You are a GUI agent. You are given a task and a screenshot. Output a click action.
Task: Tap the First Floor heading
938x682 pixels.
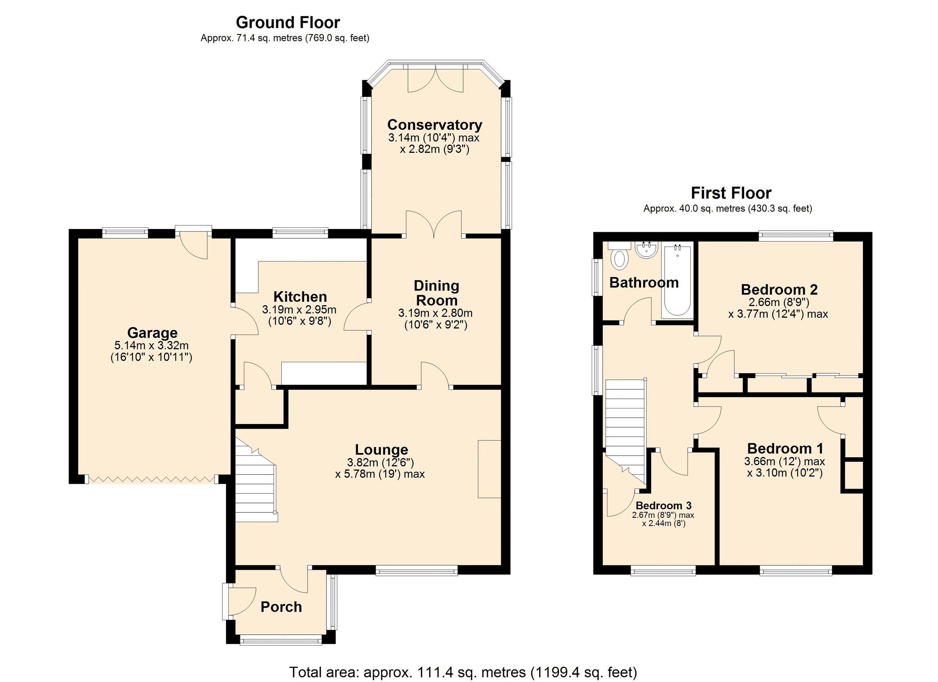[731, 193]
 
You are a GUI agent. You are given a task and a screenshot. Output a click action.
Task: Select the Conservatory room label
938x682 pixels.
[434, 125]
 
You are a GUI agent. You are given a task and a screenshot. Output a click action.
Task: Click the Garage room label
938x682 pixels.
[152, 333]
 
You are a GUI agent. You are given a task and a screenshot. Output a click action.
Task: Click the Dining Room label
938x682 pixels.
[436, 293]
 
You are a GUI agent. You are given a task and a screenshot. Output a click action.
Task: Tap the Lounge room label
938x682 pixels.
[381, 449]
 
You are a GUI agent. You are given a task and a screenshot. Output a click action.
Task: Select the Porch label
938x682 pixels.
[281, 607]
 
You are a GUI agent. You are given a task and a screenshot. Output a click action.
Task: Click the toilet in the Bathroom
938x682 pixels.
[619, 256]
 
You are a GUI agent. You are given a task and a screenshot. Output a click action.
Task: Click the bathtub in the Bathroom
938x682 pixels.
[677, 281]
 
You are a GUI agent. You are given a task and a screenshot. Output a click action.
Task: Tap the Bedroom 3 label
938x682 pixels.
[663, 505]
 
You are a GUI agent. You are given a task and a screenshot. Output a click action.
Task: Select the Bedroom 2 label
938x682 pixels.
[779, 289]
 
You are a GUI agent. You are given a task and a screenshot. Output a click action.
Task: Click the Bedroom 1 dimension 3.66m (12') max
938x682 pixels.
[784, 461]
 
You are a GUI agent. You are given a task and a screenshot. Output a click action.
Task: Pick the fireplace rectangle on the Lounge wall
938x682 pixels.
[489, 469]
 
